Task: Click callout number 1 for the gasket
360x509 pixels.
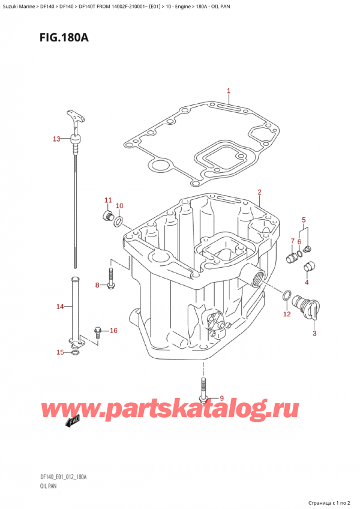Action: pos(229,92)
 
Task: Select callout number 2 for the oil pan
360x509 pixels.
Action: pos(259,192)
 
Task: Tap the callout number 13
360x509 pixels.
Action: pos(56,139)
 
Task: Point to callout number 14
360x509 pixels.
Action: pos(59,307)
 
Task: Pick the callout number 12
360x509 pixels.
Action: pos(287,314)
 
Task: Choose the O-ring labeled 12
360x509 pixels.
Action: pos(288,295)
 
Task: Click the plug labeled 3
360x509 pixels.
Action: pos(313,307)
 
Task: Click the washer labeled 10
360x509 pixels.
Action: pos(119,223)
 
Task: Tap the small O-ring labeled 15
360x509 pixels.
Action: pos(74,353)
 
